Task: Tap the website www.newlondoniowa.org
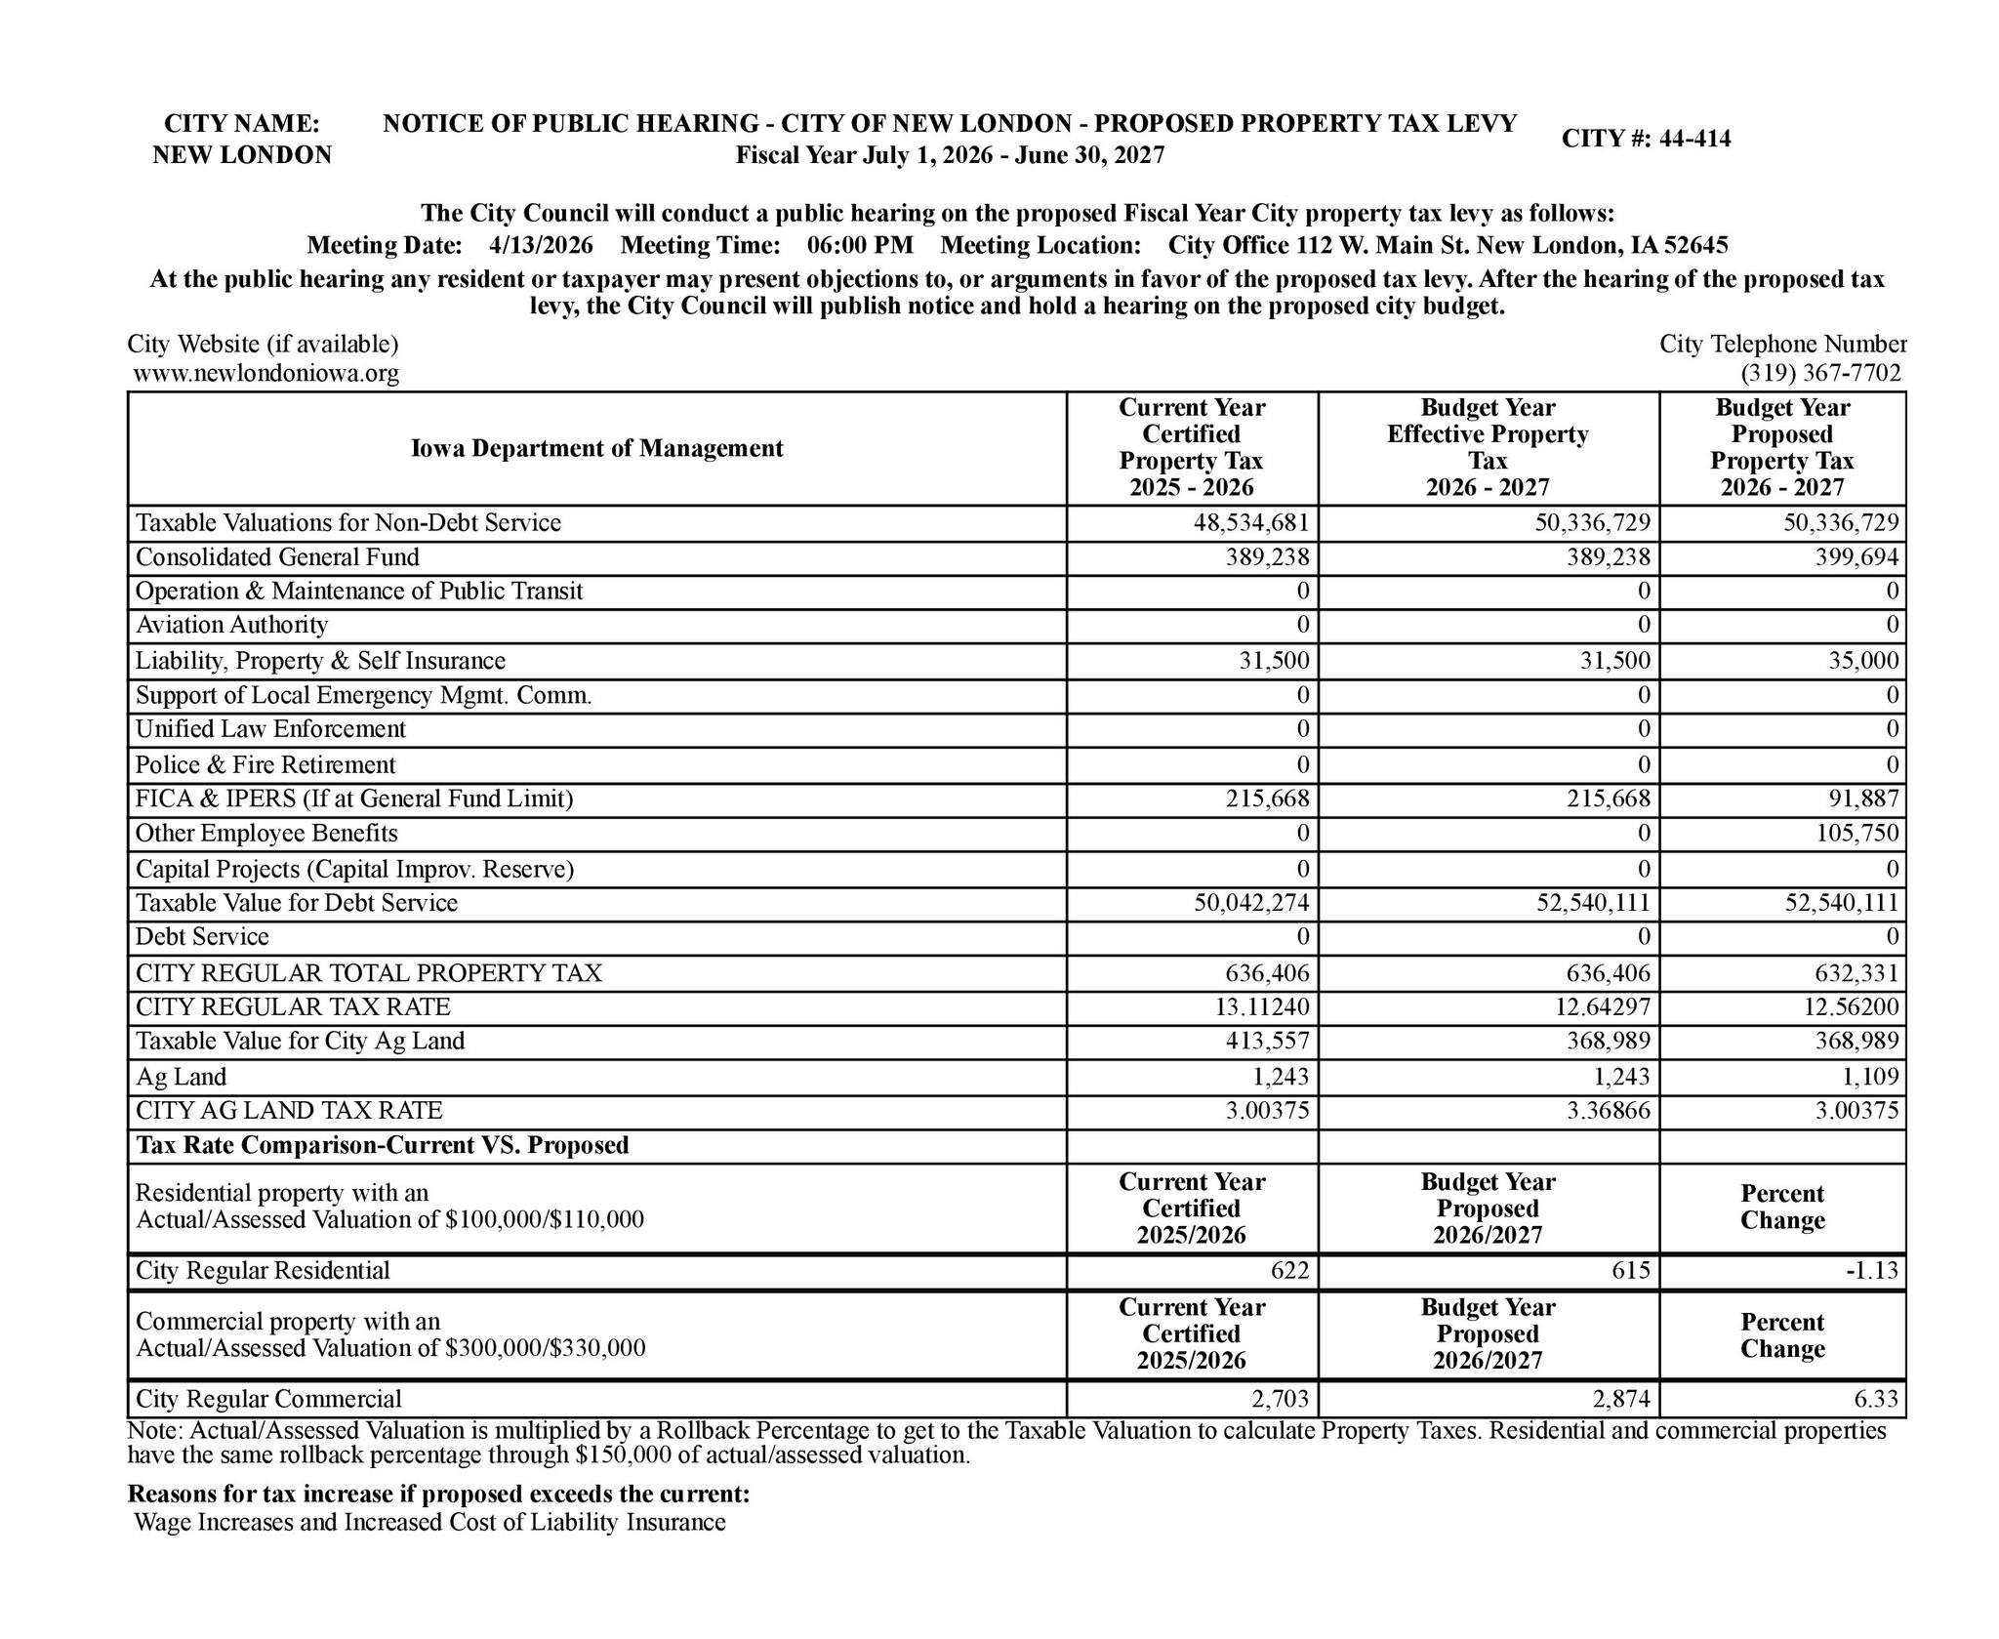[x=265, y=374]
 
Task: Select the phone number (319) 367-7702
[x=1819, y=374]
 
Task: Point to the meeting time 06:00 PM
[x=860, y=244]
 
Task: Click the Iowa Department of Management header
[x=596, y=448]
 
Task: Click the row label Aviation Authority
[x=231, y=625]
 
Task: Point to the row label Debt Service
[x=202, y=937]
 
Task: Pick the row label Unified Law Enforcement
[x=270, y=729]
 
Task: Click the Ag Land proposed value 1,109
[x=1870, y=1077]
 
